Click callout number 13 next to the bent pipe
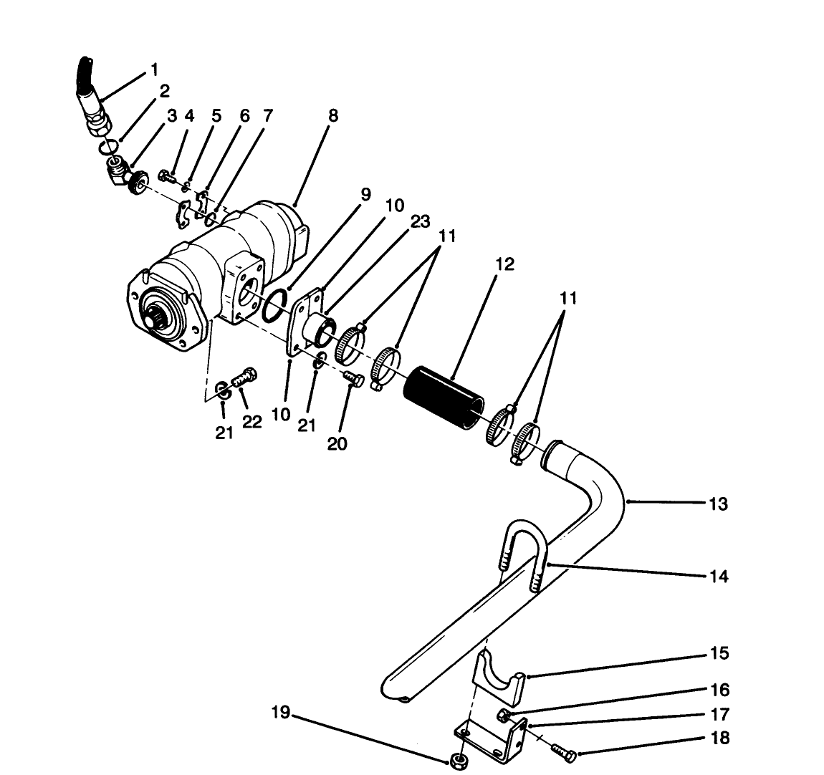(718, 504)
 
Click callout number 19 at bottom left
(281, 713)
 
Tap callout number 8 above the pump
(333, 116)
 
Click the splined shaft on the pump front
(158, 315)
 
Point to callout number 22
(251, 423)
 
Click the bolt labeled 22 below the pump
(244, 377)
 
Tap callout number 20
(337, 444)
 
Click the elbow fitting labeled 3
(118, 172)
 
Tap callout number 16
(719, 690)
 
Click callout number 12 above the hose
(504, 264)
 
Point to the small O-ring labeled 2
(107, 147)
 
